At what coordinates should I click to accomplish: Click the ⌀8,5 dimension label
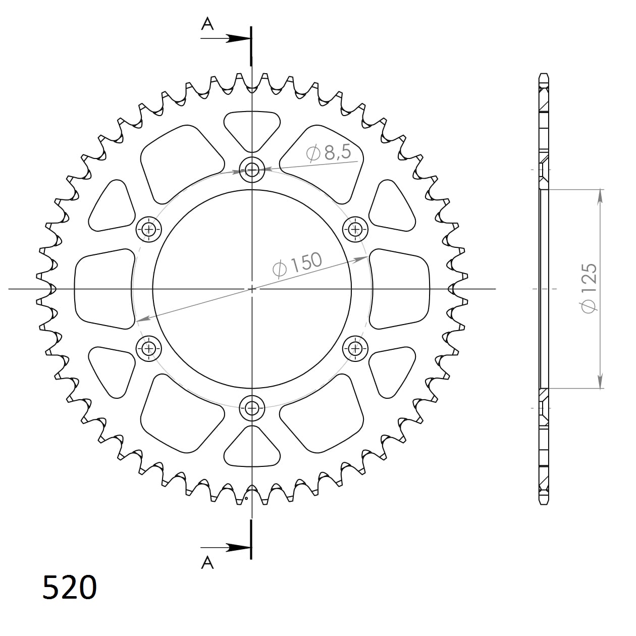tap(329, 152)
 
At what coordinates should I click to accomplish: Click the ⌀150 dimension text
tap(297, 264)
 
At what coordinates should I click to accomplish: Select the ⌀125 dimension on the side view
tap(589, 288)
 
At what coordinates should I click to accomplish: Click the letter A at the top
tap(207, 24)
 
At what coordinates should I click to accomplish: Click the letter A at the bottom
tap(207, 562)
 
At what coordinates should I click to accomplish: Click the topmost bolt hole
tap(252, 170)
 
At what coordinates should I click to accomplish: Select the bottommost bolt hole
tap(252, 407)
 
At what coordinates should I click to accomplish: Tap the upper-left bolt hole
tap(149, 230)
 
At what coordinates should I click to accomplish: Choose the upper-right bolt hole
tap(355, 230)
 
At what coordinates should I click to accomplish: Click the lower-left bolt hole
tap(149, 348)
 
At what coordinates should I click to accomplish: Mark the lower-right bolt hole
tap(355, 348)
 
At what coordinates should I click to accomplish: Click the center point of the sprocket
tap(252, 289)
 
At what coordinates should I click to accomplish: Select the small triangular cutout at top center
tap(252, 129)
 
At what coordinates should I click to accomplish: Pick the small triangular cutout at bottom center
tap(252, 448)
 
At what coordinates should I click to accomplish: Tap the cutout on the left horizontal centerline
tap(103, 289)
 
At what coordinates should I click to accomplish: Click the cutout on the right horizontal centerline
tap(400, 289)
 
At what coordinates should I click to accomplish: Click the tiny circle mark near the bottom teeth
tap(246, 499)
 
